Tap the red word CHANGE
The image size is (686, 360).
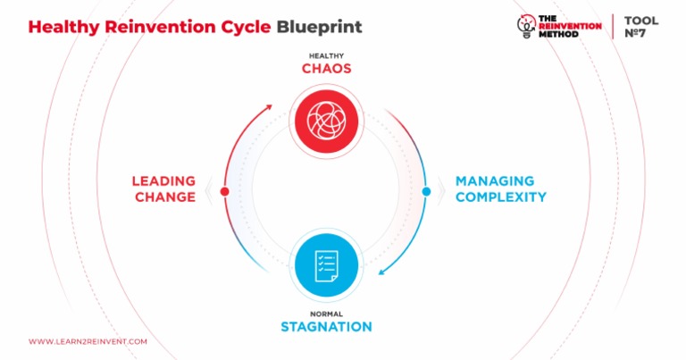[165, 197]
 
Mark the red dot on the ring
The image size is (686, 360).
[224, 191]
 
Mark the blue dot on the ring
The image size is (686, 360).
[426, 191]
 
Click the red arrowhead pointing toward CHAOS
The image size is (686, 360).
[269, 106]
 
